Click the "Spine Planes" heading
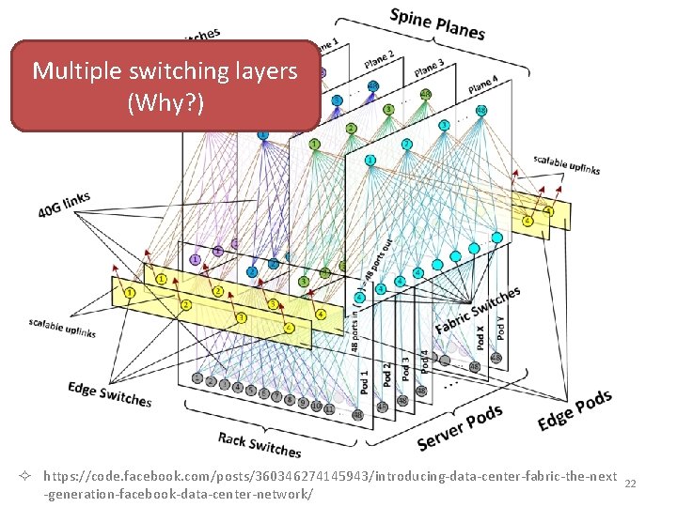click(437, 23)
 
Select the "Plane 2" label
click(379, 58)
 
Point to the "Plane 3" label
click(428, 69)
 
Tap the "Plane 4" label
click(482, 84)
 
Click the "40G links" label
click(64, 205)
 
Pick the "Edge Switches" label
click(109, 393)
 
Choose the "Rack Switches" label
click(260, 444)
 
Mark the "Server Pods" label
click(460, 427)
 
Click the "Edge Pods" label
click(575, 411)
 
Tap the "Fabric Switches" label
click(478, 311)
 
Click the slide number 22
click(631, 483)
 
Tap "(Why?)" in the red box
click(165, 101)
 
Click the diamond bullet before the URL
click(31, 477)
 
